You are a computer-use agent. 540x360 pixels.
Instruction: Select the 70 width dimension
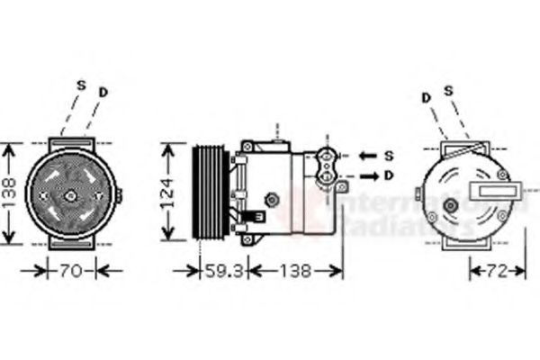[71, 270]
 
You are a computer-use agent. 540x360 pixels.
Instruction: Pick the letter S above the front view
[80, 85]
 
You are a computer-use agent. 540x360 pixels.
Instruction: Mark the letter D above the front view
[103, 91]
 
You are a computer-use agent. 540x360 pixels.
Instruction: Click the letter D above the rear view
[425, 95]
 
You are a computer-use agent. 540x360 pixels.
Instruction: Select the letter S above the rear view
[447, 90]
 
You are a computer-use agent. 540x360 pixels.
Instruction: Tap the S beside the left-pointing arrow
[389, 156]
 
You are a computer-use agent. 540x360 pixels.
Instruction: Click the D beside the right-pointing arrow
[389, 175]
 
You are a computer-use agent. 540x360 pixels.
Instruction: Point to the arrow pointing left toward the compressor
[367, 156]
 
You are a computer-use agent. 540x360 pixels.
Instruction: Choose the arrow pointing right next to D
[367, 175]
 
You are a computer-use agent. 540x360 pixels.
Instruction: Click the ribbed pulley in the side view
[210, 192]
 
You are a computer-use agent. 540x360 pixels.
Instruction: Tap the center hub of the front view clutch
[70, 194]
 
